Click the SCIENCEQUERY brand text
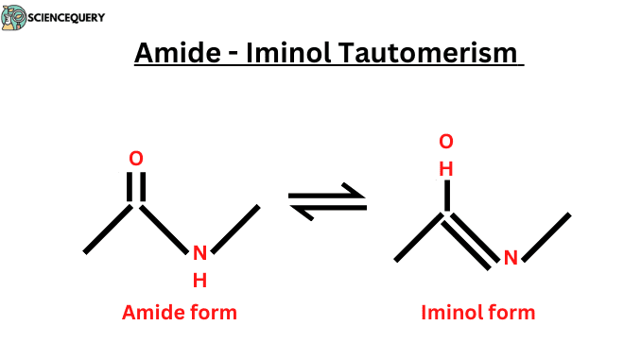coord(65,17)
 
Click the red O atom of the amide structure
coord(136,158)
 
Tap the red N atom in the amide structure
coord(199,253)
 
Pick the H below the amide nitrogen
coord(199,280)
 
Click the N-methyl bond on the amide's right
coord(235,229)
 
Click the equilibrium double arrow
coord(326,202)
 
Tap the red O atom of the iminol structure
coord(446,142)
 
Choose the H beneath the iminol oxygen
coord(446,169)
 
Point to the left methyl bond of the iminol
coord(420,236)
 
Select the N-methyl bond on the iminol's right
coord(546,236)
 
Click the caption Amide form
coord(179,313)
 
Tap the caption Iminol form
coord(477,313)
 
